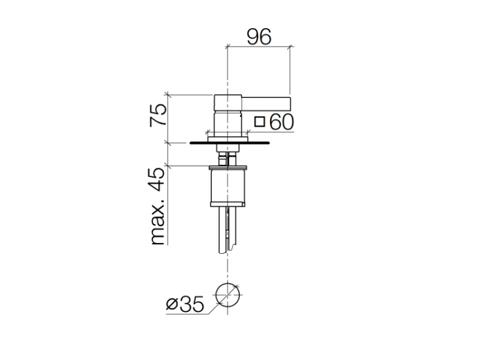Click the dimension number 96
[259, 36]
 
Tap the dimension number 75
[158, 115]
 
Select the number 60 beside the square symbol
[282, 121]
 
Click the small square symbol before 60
[260, 121]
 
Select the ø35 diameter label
[185, 304]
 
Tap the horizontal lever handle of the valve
[266, 104]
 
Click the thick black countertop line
[230, 143]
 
